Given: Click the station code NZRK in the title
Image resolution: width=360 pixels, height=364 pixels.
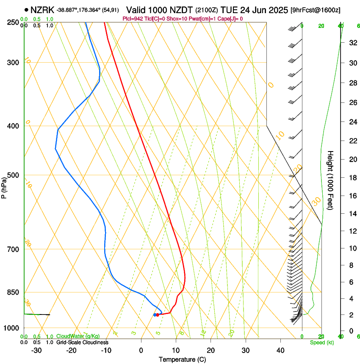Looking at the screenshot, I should point(42,10).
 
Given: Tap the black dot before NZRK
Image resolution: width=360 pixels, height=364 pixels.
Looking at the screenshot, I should point(27,10).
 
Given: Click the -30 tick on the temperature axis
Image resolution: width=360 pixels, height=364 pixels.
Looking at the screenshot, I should point(36,350).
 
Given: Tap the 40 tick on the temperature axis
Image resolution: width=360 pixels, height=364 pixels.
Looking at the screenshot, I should point(280,350).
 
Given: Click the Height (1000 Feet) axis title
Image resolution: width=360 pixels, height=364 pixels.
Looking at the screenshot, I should point(331,180).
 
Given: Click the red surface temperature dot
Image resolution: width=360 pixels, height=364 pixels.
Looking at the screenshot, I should point(158,314).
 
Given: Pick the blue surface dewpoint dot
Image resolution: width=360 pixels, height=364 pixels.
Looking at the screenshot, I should point(155,314).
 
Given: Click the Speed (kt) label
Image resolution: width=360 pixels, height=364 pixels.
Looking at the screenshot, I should point(321,342).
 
